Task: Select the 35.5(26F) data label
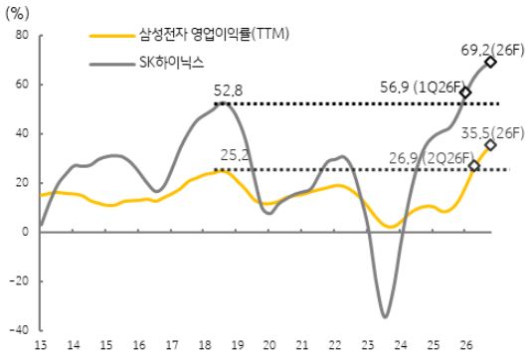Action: [493, 127]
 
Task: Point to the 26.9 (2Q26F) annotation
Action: [417, 156]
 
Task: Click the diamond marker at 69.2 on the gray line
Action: [490, 62]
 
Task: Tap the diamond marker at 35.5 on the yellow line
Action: [490, 145]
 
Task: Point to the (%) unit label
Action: [21, 13]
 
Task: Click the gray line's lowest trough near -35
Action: [385, 316]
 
